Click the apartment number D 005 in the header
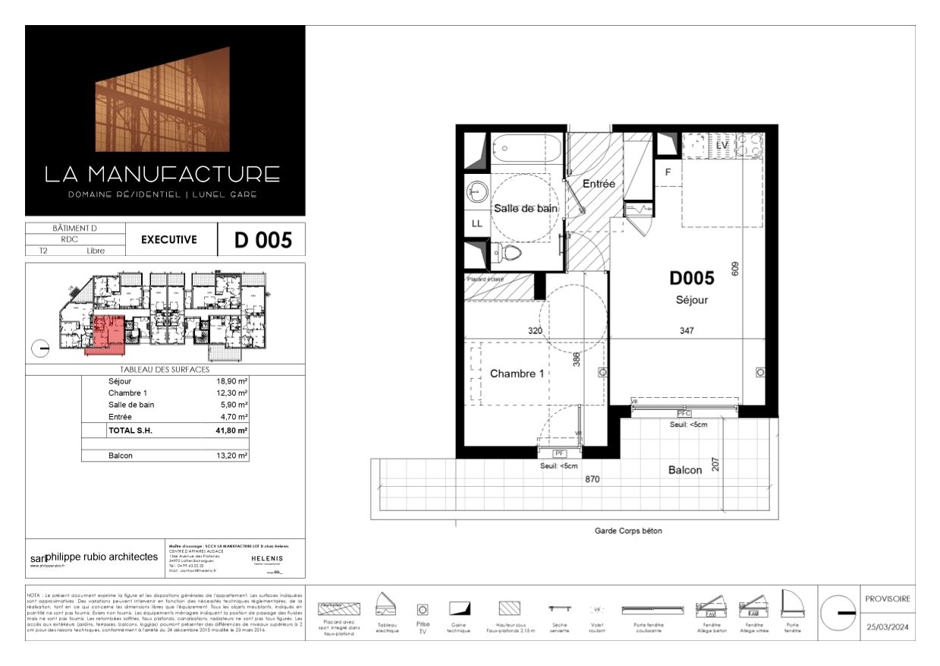tap(263, 240)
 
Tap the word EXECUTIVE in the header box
tap(168, 239)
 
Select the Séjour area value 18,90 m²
tap(232, 381)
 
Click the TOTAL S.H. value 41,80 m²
tap(232, 431)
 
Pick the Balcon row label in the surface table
tap(121, 456)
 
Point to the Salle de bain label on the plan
tap(526, 208)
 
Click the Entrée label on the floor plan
tap(598, 184)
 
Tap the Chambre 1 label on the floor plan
tap(517, 374)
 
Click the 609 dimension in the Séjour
tap(734, 269)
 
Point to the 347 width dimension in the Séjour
tap(687, 330)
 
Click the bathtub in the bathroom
tap(526, 147)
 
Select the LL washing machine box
tap(476, 223)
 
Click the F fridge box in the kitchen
tap(668, 172)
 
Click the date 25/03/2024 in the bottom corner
tap(888, 627)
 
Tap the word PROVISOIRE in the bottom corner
tap(888, 598)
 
